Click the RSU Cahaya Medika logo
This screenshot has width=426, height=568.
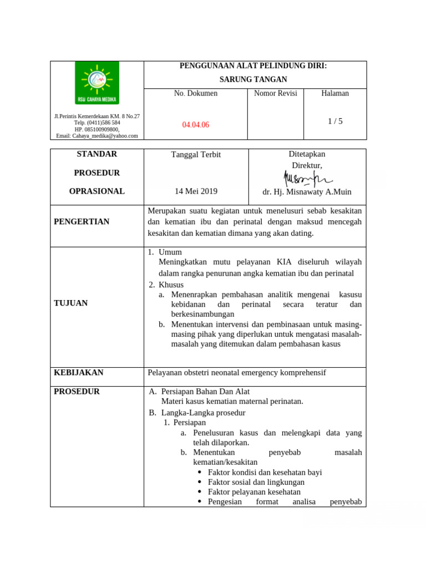pos(97,83)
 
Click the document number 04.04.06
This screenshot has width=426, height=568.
pos(196,125)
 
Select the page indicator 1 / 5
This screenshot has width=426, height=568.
pos(335,121)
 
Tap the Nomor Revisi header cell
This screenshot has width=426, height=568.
pos(276,93)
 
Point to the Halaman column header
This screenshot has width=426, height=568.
pos(335,93)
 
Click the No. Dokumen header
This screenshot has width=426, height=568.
pos(196,93)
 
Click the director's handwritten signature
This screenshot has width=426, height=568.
pos(307,178)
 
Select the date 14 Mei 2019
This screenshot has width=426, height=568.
pos(196,191)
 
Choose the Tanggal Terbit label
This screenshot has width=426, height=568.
pos(196,155)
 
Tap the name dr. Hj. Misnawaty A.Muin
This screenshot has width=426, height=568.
pos(307,192)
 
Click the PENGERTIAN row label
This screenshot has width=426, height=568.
pos(82,222)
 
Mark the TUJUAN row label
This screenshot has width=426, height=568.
pos(70,303)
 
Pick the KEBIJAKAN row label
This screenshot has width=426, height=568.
pos(78,373)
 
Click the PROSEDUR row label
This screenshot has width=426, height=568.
pos(77,392)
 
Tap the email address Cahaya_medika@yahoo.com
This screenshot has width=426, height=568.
pos(97,135)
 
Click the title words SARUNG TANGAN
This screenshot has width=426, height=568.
pos(253,79)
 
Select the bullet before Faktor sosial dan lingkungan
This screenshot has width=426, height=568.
pos(200,483)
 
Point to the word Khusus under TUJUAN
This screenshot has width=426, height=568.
pos(171,285)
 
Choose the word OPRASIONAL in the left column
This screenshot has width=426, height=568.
pos(97,191)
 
